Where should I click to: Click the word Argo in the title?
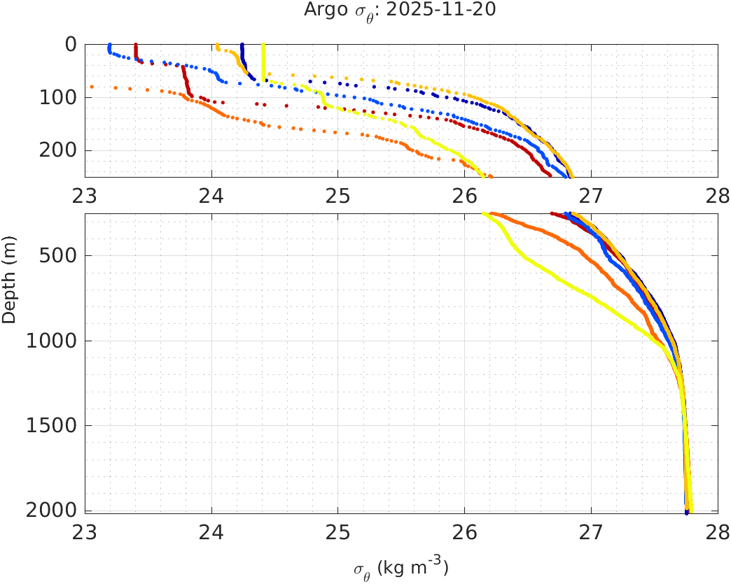click(321, 10)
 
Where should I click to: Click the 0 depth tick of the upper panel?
click(71, 44)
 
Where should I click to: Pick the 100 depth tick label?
click(57, 97)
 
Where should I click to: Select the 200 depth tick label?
click(57, 150)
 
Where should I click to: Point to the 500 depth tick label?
click(57, 255)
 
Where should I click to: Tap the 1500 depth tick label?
click(53, 425)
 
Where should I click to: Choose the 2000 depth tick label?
click(53, 511)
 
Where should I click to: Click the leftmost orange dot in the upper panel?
click(92, 87)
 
